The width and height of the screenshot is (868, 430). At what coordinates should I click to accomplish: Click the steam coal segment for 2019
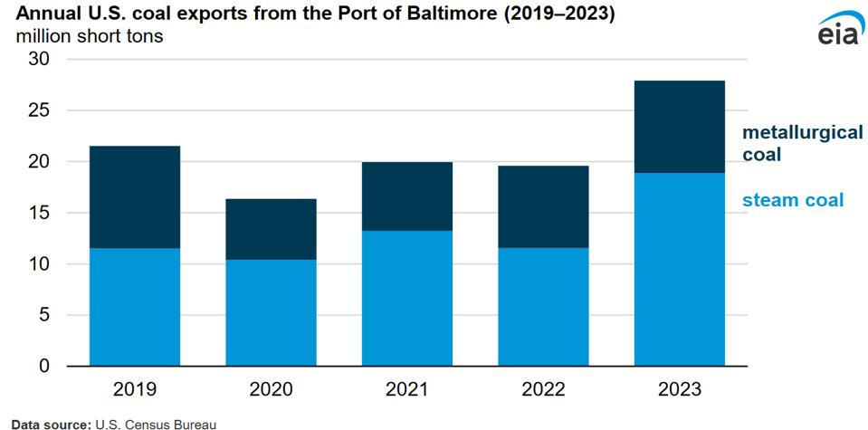[135, 307]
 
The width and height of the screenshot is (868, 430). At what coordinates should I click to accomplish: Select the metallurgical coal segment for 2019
[135, 197]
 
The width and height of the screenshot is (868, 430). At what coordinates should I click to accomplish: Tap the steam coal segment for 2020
[271, 312]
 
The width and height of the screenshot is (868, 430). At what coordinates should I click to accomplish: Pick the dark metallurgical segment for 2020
[271, 229]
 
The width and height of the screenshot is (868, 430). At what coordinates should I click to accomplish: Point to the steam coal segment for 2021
[407, 298]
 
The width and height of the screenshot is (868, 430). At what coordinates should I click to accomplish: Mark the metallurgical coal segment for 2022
[543, 206]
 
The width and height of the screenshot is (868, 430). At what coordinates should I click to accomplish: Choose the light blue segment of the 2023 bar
[680, 269]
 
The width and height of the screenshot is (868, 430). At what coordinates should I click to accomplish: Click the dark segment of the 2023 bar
[680, 127]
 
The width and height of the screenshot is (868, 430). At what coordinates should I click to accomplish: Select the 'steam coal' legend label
[792, 200]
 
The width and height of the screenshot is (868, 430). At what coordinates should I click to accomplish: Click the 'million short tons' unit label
[87, 38]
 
